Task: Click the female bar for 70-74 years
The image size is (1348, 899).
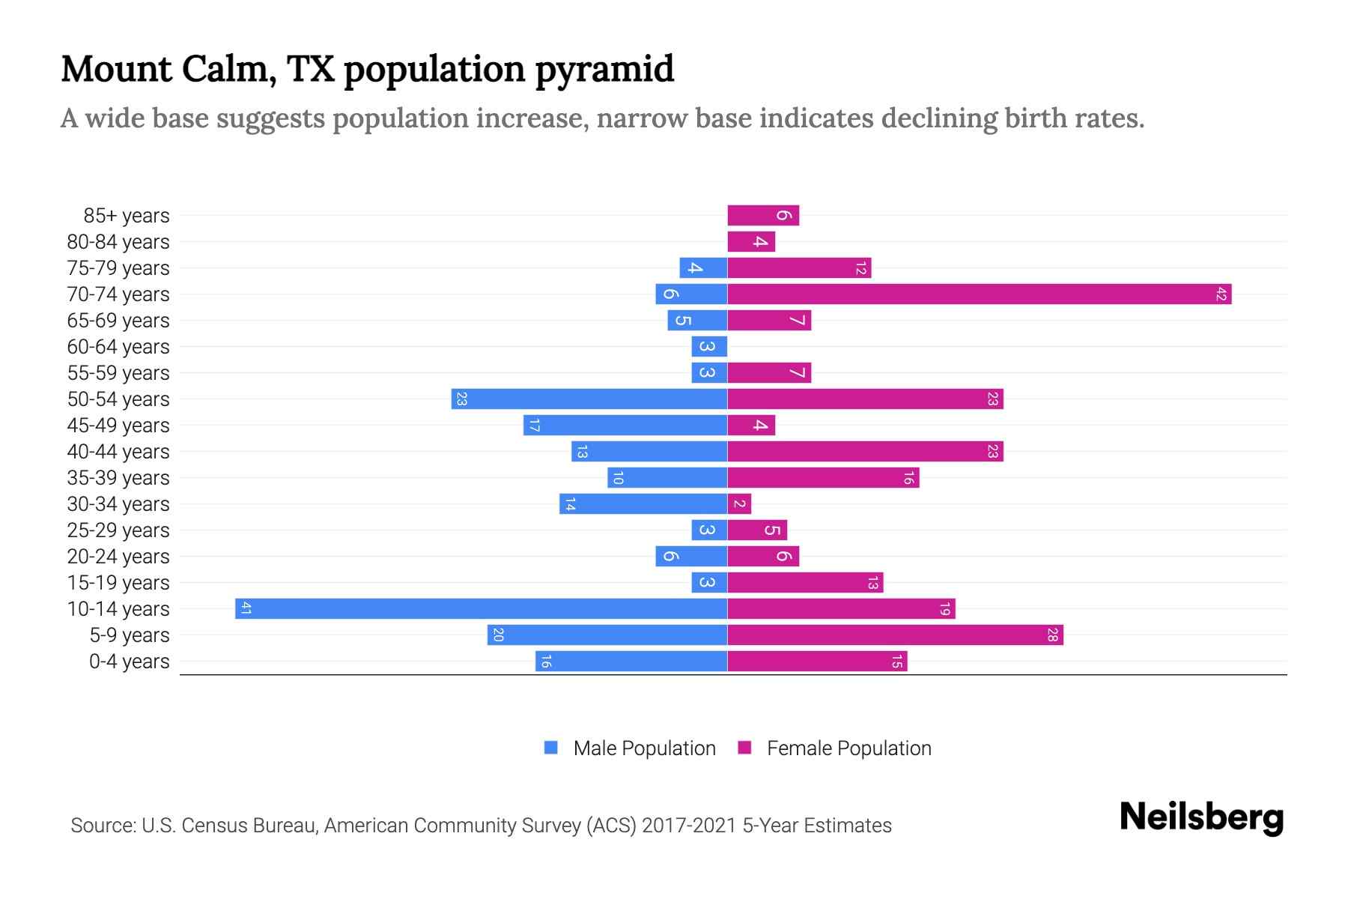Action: pos(979,294)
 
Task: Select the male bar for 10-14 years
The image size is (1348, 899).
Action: pos(481,608)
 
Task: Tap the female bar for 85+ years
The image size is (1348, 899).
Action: pos(763,215)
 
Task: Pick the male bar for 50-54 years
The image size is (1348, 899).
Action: pos(589,399)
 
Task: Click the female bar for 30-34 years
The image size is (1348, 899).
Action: pos(739,503)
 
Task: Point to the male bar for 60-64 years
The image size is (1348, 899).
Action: pos(709,346)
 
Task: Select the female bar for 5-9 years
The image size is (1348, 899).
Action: pos(895,635)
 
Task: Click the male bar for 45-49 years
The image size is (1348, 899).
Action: pos(625,425)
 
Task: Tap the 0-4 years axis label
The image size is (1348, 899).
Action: pos(129,662)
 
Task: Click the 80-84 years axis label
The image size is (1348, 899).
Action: pos(118,242)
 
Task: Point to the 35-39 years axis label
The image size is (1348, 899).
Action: pos(118,478)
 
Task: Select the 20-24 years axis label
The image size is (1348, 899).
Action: pos(118,557)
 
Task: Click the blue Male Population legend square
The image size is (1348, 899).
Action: pos(551,748)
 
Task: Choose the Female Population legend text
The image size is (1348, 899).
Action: pos(848,748)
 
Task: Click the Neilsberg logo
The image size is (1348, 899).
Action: pos(1201,817)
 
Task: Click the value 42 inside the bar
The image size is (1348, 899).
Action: pos(1221,294)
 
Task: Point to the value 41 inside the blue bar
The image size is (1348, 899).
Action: pos(246,608)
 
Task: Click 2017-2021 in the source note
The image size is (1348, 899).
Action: pos(689,826)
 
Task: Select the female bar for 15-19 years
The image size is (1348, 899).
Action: pos(805,582)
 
